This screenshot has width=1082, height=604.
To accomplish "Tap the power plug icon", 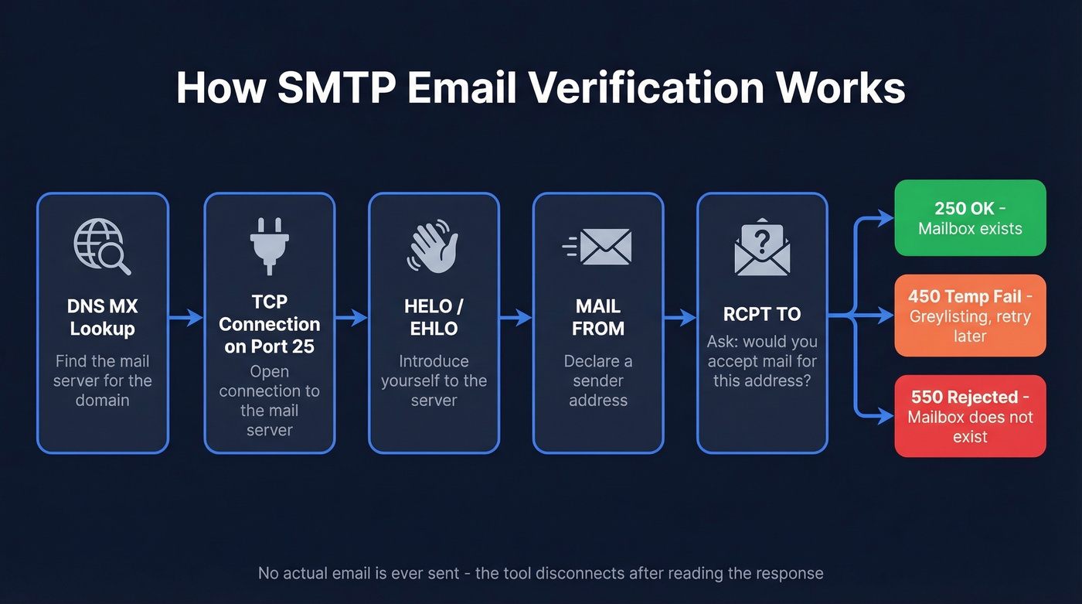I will click(x=269, y=246).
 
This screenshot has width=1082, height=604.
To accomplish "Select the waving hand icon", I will click(x=434, y=248).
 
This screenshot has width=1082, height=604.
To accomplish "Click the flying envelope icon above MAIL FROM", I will click(x=597, y=247).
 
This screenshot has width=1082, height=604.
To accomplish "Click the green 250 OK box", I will click(x=970, y=218).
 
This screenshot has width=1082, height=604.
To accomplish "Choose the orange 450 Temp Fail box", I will click(x=970, y=316).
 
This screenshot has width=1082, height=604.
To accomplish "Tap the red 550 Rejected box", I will click(x=970, y=416).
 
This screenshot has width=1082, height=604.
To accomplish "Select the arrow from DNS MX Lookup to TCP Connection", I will click(x=186, y=316).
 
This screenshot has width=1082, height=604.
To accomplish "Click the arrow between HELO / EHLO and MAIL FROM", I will click(x=516, y=316).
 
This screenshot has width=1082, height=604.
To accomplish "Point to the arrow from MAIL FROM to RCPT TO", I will click(x=680, y=316).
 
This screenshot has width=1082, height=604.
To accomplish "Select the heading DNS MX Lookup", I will click(x=102, y=317).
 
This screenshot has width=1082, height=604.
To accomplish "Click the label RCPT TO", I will click(x=762, y=314).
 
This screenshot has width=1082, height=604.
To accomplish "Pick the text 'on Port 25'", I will click(x=269, y=346).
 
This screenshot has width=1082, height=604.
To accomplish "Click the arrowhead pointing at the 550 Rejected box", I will click(x=886, y=416).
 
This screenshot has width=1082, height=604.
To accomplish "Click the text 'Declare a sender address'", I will click(x=597, y=380).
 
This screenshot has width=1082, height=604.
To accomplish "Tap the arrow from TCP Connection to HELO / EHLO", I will click(x=352, y=316).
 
